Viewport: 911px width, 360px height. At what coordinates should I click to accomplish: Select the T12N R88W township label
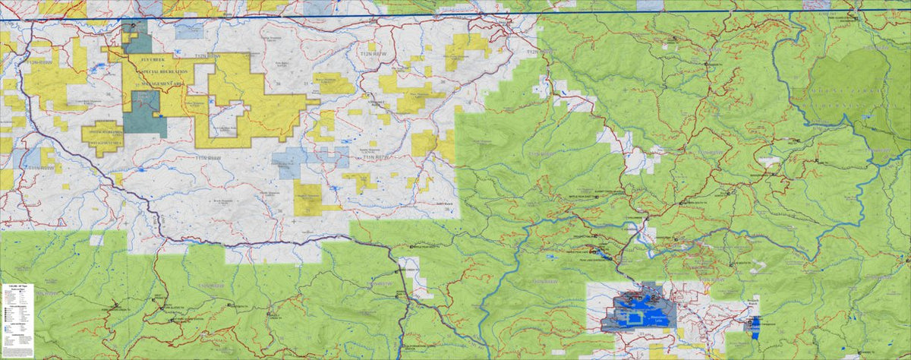pyautogui.click(x=207, y=56)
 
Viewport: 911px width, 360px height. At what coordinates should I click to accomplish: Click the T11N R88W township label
pyautogui.click(x=209, y=158)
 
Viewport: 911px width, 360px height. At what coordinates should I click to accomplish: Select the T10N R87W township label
pyautogui.click(x=377, y=283)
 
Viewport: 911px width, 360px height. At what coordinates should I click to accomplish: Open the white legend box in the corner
pyautogui.click(x=16, y=320)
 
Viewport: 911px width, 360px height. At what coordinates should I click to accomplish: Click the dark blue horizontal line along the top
pyautogui.click(x=455, y=15)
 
